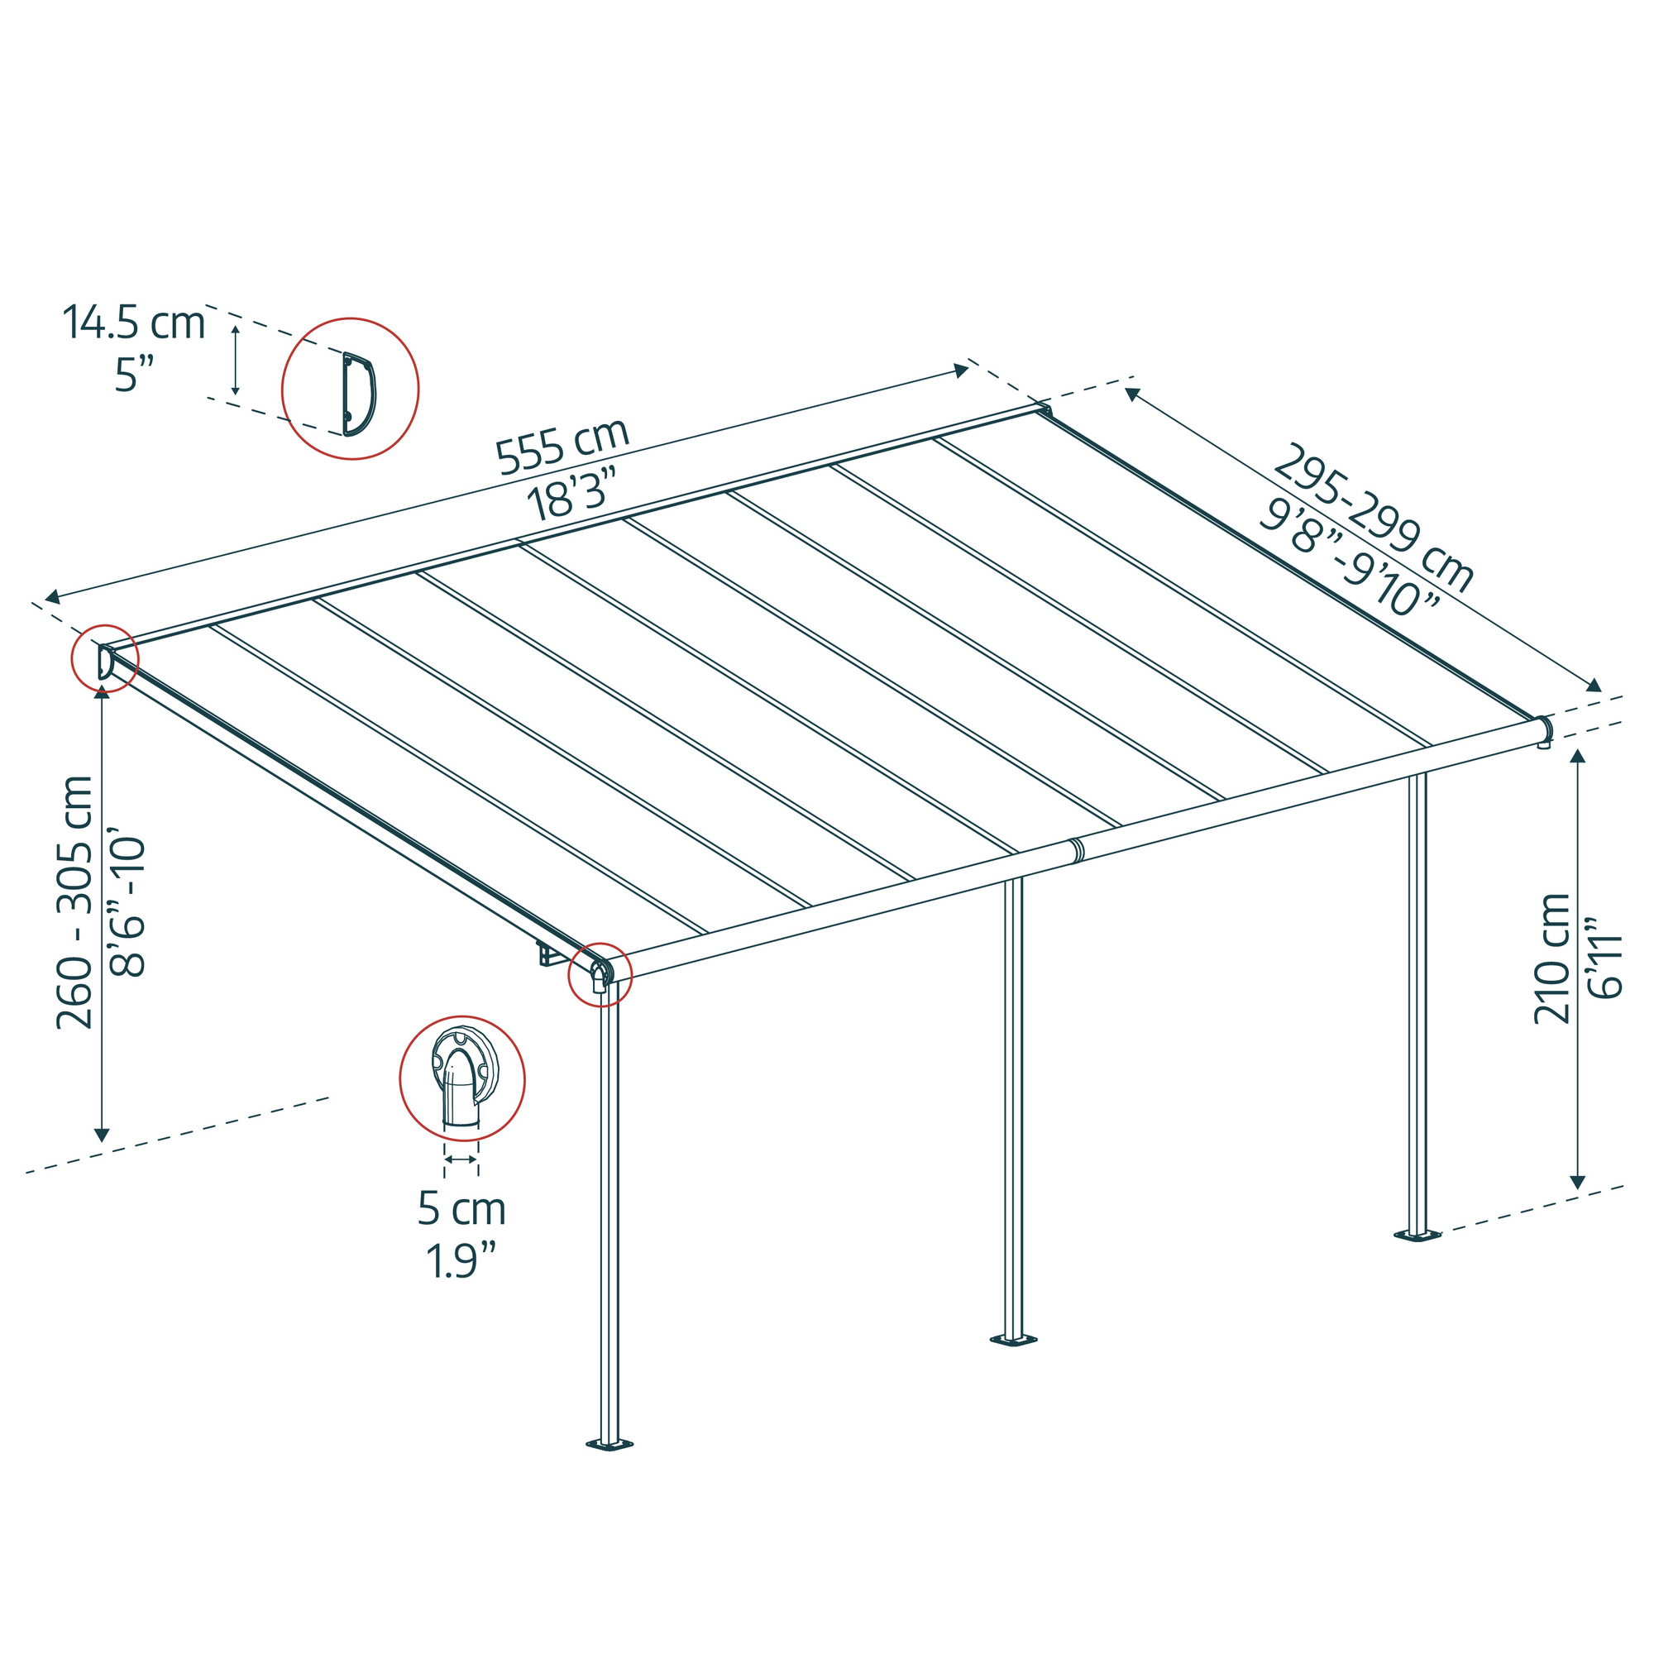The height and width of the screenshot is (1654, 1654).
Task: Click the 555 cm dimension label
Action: point(562,446)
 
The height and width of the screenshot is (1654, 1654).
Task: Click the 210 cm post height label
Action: point(1551,958)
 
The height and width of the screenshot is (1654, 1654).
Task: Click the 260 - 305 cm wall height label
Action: point(74,901)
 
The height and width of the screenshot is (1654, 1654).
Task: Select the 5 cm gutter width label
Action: point(461,1209)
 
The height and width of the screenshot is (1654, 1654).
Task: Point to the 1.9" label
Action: point(461,1260)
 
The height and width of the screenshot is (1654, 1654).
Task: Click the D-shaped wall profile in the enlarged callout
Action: point(359,394)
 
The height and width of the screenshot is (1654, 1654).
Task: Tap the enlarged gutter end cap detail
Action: point(462,1079)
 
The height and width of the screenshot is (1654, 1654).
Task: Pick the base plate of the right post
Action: point(1417,1236)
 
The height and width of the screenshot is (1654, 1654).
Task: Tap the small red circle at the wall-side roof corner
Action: point(104,657)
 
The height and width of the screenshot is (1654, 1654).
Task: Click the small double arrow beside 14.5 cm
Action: point(236,360)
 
